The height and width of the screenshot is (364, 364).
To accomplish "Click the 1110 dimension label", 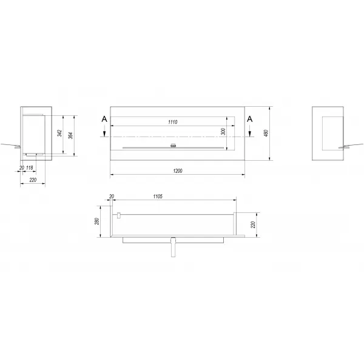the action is coord(173,122).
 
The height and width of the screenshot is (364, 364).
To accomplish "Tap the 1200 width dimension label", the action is coord(178,171).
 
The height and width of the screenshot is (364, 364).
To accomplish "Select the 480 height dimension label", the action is coord(266,133).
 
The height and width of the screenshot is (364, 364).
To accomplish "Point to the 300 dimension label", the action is coord(223,132).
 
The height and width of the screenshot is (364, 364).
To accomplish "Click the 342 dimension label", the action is coord(59,133).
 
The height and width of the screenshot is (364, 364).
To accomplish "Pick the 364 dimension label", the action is coord(71,135).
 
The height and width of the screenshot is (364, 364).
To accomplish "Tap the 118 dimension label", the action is coord(30,167).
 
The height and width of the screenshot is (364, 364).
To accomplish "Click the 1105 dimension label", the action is coord(158,197).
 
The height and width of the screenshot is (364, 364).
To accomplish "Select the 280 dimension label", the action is coord(97,221).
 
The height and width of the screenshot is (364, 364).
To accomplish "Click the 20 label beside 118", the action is coord(22,167).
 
